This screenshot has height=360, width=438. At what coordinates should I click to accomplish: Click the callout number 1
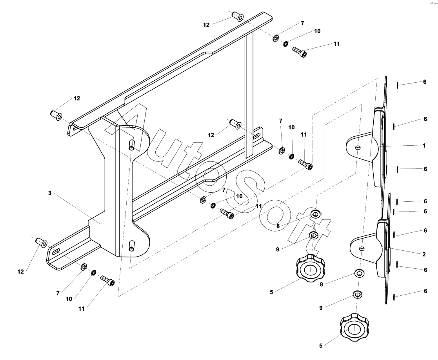point(424,145)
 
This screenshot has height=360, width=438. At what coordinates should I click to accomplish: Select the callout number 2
point(424,254)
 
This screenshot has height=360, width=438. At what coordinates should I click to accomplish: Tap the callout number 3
point(50,193)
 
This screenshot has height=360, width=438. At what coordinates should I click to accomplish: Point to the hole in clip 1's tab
point(358,147)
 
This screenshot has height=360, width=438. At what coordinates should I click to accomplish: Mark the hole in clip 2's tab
point(362,248)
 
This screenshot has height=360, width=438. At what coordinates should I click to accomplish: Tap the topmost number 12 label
point(207,25)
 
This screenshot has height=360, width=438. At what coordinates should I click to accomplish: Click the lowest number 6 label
point(425,291)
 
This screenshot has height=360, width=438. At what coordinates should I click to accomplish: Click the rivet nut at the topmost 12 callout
point(238,16)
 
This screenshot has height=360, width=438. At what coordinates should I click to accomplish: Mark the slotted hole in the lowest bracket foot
point(55,252)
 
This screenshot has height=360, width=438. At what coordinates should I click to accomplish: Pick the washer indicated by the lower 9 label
point(357,294)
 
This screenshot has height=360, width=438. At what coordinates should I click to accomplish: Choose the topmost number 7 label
point(302,23)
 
